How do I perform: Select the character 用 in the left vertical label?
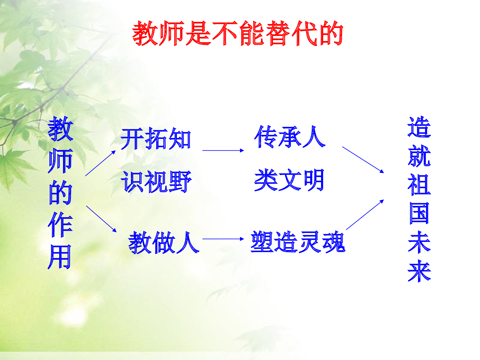[x=60, y=257]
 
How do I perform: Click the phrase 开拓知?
[x=156, y=139]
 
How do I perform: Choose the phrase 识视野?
[x=156, y=182]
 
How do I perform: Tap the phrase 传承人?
[x=290, y=137]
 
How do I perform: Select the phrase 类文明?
[x=289, y=180]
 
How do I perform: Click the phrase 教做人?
[x=163, y=243]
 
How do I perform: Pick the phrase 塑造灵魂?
[x=298, y=242]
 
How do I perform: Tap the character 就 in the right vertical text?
[x=419, y=156]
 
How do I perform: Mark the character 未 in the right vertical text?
[x=419, y=242]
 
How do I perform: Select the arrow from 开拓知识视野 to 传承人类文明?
[x=223, y=150]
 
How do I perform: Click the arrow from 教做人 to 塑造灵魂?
[x=223, y=239]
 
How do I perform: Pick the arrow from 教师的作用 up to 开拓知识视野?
[x=100, y=163]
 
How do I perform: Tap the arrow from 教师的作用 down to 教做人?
[x=101, y=219]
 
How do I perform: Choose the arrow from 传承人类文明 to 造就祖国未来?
[x=363, y=160]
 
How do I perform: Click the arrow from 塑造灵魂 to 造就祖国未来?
[x=365, y=215]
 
